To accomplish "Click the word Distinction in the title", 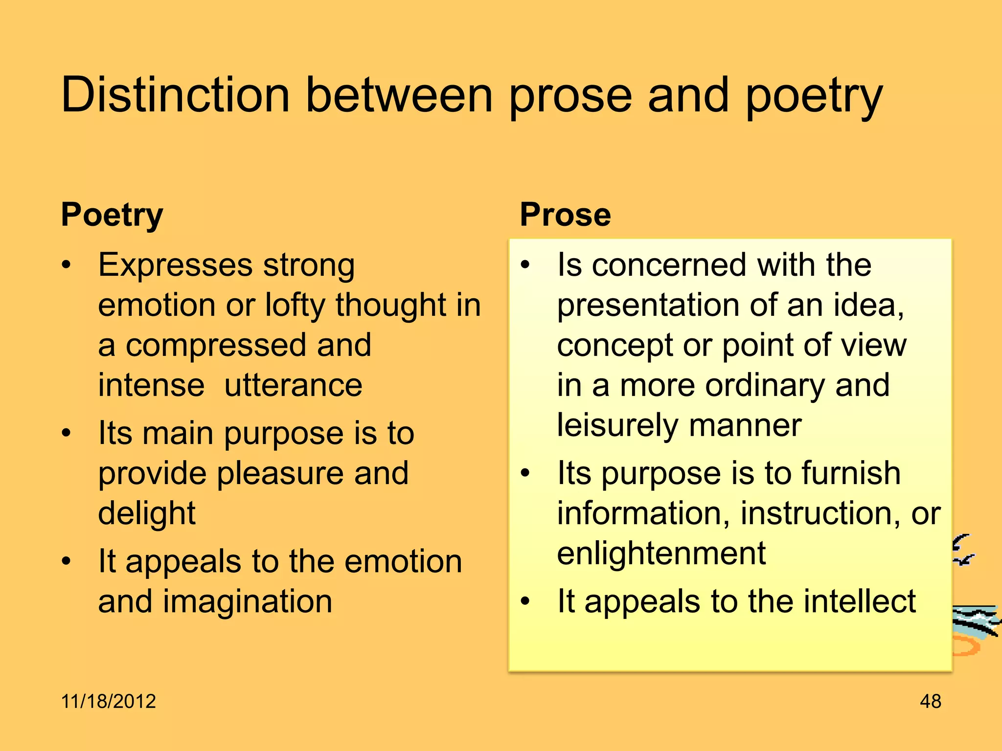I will (175, 95).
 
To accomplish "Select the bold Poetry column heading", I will (112, 215).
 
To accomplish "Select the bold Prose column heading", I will (565, 215).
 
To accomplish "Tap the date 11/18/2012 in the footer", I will (108, 701).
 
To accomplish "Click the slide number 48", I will (930, 701).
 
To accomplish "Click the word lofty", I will (295, 306).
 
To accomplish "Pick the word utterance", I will (293, 385).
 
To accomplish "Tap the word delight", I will (147, 513).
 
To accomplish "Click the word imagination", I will (247, 601).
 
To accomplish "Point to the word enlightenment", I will (661, 553).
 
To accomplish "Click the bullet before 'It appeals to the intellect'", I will (525, 601).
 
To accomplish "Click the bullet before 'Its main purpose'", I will (67, 433).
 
